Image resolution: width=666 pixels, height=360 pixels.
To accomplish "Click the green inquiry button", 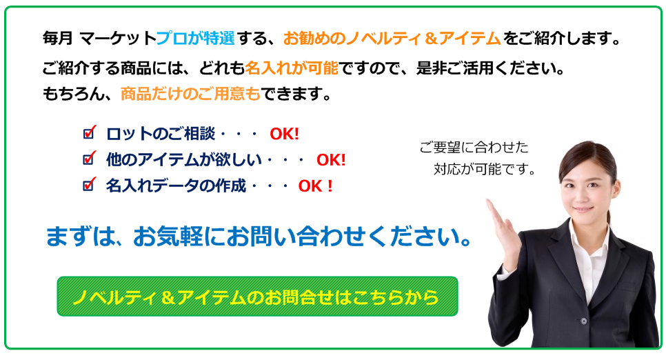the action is (257, 297).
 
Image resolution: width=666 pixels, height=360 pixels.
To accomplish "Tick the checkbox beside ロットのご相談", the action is (89, 132).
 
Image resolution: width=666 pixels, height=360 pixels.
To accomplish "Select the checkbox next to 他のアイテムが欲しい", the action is (89, 159).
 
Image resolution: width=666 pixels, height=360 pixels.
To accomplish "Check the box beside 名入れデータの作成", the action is (89, 184).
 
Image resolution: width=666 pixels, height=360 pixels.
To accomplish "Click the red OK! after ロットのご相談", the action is (285, 134).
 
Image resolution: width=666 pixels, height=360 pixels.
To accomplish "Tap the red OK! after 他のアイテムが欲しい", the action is (332, 160).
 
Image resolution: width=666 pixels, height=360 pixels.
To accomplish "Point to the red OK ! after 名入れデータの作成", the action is (315, 186).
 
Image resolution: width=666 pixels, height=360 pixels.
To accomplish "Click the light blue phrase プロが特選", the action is (195, 39).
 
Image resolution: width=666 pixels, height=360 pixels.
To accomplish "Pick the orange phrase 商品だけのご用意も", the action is (190, 94).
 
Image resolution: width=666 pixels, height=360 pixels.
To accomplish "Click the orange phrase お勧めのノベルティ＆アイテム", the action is (392, 39).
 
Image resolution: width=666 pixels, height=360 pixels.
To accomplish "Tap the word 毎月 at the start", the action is (58, 39).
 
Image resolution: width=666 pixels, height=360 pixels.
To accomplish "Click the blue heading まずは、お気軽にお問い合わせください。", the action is (259, 237).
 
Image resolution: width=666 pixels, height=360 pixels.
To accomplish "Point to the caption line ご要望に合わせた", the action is (474, 147).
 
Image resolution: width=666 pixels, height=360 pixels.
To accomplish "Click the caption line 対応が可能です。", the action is (484, 169).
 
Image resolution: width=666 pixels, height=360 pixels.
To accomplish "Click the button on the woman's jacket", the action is (584, 321).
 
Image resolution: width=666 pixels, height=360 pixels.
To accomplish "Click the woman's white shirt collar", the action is (590, 242).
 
